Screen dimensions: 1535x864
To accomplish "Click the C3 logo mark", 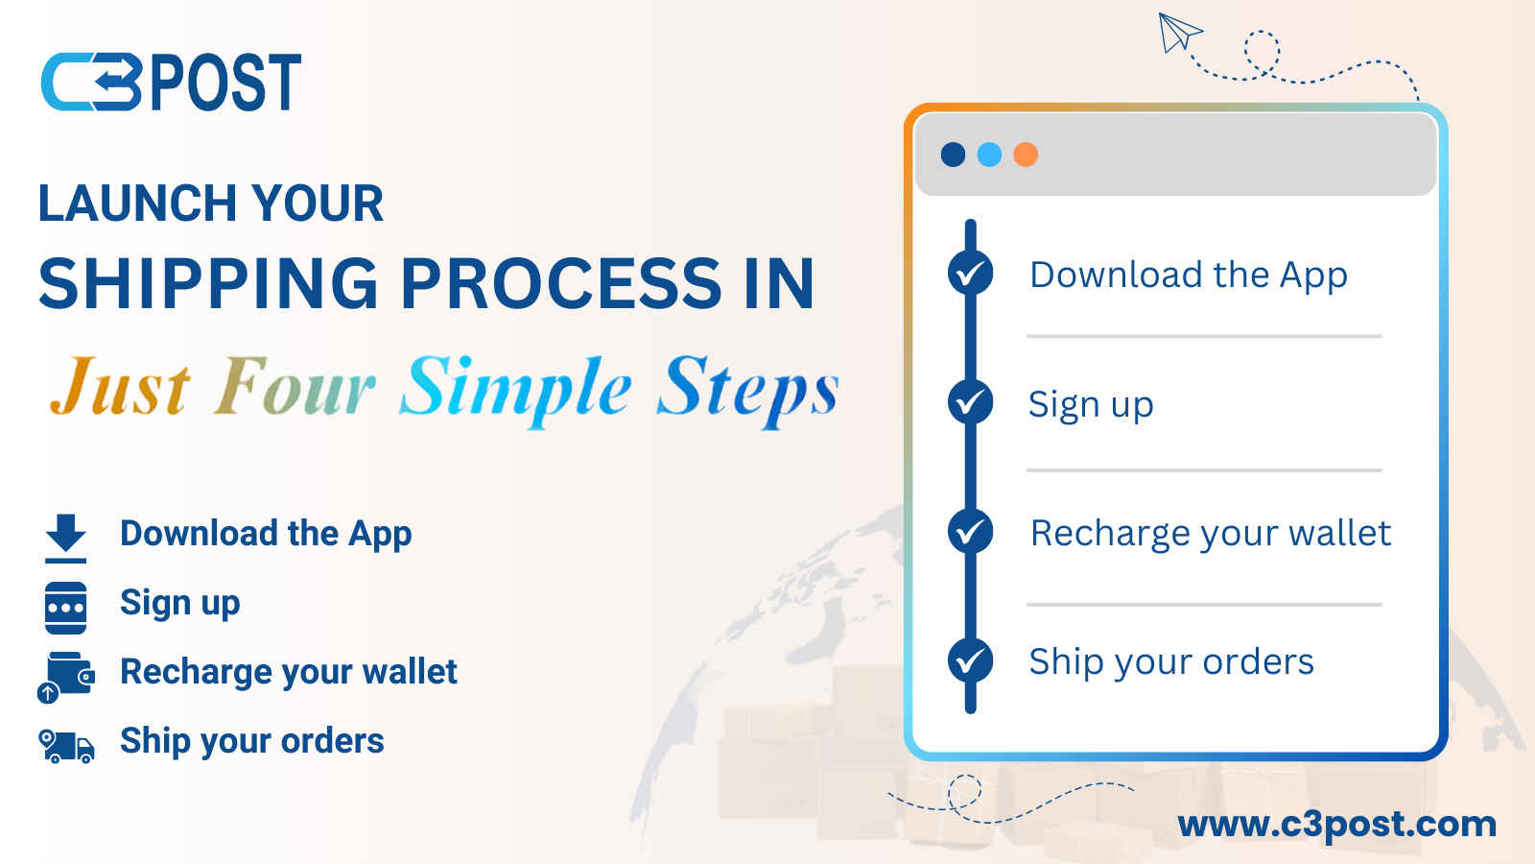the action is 92,82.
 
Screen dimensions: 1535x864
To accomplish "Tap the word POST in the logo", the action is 225,83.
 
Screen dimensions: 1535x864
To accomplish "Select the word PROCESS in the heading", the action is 560,283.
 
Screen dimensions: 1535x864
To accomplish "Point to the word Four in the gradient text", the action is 295,385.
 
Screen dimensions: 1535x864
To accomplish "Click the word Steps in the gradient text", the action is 747,390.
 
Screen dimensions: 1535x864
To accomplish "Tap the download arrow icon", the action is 66,539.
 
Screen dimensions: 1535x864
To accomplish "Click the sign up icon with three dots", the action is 66,609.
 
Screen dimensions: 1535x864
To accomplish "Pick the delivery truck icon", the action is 66,746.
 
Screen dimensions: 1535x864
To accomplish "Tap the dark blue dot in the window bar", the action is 954,155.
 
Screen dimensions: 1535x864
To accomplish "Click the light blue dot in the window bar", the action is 989,155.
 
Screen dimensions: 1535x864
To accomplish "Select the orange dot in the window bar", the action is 1026,155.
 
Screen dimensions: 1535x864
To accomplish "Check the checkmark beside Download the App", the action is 970,273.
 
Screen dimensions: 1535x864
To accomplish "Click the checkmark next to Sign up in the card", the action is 970,402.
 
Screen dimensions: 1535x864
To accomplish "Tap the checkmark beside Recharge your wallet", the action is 970,531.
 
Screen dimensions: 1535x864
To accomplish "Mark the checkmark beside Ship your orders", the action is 970,661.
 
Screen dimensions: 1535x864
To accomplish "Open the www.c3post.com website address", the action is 1337,825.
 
